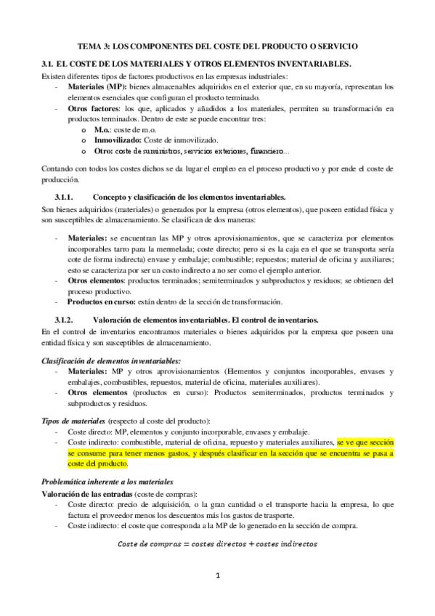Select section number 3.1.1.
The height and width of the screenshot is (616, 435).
click(x=68, y=198)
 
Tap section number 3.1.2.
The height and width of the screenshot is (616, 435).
click(x=68, y=320)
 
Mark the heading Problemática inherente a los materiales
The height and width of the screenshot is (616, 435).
click(x=106, y=482)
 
